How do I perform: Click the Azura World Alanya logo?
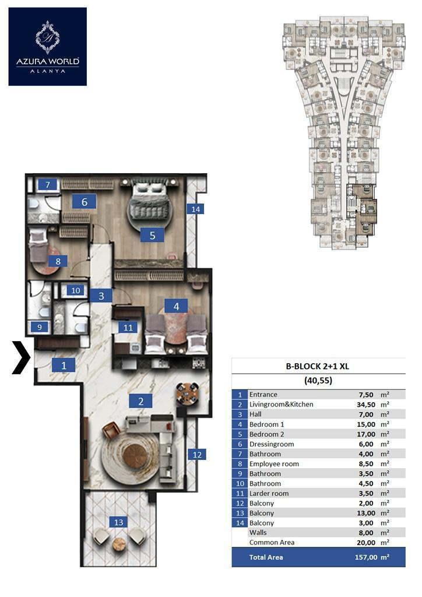(x=48, y=47)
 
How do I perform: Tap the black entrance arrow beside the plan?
(x=22, y=357)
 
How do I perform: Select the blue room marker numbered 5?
(x=152, y=236)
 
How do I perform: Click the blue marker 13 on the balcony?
(x=119, y=522)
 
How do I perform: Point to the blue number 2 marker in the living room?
(x=141, y=401)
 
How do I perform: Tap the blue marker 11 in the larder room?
(x=128, y=328)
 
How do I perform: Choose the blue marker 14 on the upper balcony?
(x=196, y=209)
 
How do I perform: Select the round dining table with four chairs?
(x=187, y=394)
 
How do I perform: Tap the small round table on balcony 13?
(x=119, y=545)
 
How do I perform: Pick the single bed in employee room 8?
(x=38, y=246)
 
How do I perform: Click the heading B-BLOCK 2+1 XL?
(x=317, y=366)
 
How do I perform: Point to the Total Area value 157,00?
(x=366, y=557)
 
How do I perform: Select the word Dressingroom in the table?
(x=272, y=444)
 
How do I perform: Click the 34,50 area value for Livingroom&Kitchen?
(x=366, y=405)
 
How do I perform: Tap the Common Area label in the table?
(x=272, y=542)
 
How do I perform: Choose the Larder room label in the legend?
(x=269, y=493)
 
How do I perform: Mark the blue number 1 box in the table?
(x=240, y=395)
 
